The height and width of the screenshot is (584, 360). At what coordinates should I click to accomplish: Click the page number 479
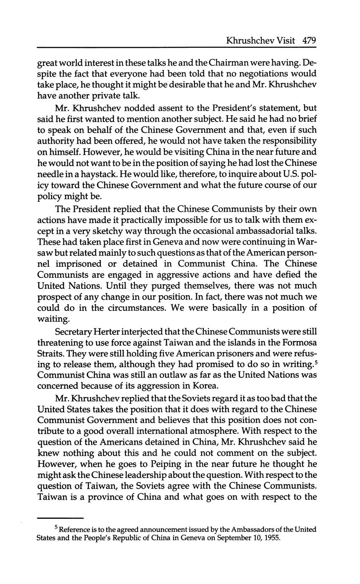[310, 41]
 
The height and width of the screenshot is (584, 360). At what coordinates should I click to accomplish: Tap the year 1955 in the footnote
[272, 539]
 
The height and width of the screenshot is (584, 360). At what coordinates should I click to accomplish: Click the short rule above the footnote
[60, 518]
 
